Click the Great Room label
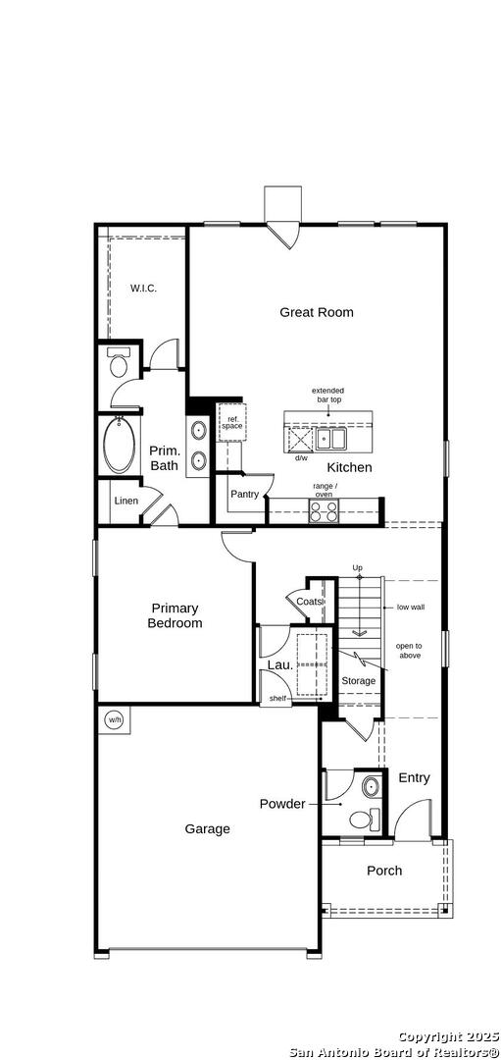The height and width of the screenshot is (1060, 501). (x=317, y=312)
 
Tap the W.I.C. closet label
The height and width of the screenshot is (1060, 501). (x=143, y=289)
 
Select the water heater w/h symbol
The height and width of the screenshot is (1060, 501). (x=114, y=720)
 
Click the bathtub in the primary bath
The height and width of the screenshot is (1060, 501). (x=119, y=446)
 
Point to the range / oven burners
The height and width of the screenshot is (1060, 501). (x=324, y=509)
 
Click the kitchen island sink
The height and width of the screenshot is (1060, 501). (x=331, y=438)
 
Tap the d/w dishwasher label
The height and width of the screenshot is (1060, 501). (x=300, y=457)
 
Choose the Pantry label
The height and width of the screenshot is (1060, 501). (x=244, y=494)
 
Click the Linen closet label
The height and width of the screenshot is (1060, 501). (x=126, y=501)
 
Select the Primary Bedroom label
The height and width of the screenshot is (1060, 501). (x=175, y=615)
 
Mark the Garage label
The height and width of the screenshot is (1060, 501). (x=207, y=828)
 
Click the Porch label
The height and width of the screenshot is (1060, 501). (x=384, y=871)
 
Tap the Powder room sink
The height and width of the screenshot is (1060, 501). (x=371, y=787)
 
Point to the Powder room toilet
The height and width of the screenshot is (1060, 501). (x=365, y=820)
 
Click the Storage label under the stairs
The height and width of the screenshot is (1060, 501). (x=358, y=681)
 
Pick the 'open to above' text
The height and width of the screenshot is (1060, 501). (x=409, y=651)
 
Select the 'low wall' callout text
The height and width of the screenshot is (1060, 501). (x=411, y=608)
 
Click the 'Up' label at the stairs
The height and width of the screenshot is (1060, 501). (x=358, y=567)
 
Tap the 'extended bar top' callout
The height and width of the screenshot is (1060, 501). (x=327, y=395)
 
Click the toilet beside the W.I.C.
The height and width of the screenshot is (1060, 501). (x=119, y=364)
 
